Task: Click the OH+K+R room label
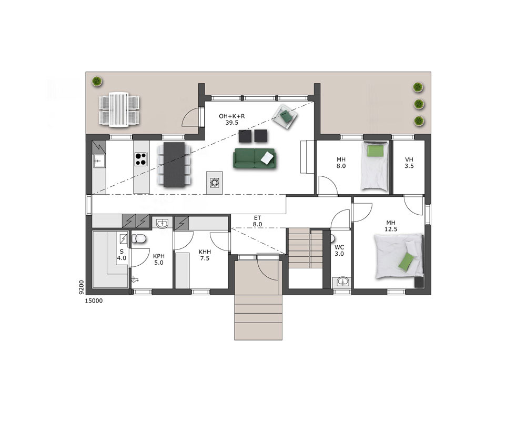click(232, 119)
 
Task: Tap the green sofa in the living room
click(255, 158)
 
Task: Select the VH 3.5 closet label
click(409, 163)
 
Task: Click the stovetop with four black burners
click(141, 159)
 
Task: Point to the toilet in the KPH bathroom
click(138, 238)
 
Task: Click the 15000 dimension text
click(94, 301)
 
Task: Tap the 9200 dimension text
click(81, 288)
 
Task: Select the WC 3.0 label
click(339, 250)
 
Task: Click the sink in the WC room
click(342, 282)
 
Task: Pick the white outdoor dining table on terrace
click(119, 109)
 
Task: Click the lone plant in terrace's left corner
click(97, 81)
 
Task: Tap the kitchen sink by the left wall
click(99, 161)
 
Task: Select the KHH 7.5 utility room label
click(205, 255)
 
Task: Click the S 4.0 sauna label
click(122, 255)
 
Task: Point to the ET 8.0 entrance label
click(257, 221)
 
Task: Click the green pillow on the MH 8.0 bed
click(375, 151)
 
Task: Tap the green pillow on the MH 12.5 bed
click(407, 261)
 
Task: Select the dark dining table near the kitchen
click(174, 164)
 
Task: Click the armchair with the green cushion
click(285, 116)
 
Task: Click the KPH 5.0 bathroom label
click(159, 259)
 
